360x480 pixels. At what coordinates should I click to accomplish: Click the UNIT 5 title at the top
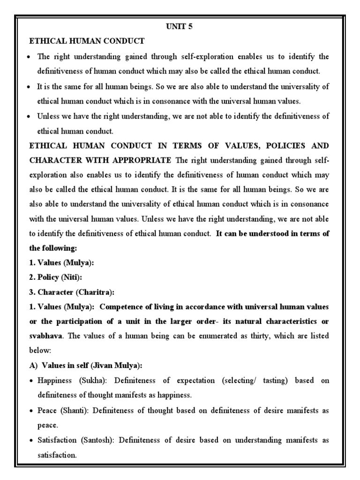pyautogui.click(x=179, y=26)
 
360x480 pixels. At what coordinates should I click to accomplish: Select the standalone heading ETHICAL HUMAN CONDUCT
pyautogui.click(x=87, y=41)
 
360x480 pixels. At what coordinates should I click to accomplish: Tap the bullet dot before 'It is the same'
pyautogui.click(x=30, y=87)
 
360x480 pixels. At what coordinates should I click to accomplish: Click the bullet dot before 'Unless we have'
pyautogui.click(x=30, y=117)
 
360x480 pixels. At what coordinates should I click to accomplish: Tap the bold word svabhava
pyautogui.click(x=46, y=336)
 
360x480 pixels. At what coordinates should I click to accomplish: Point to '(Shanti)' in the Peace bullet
pyautogui.click(x=73, y=410)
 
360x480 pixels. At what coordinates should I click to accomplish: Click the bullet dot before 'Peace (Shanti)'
pyautogui.click(x=30, y=410)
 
